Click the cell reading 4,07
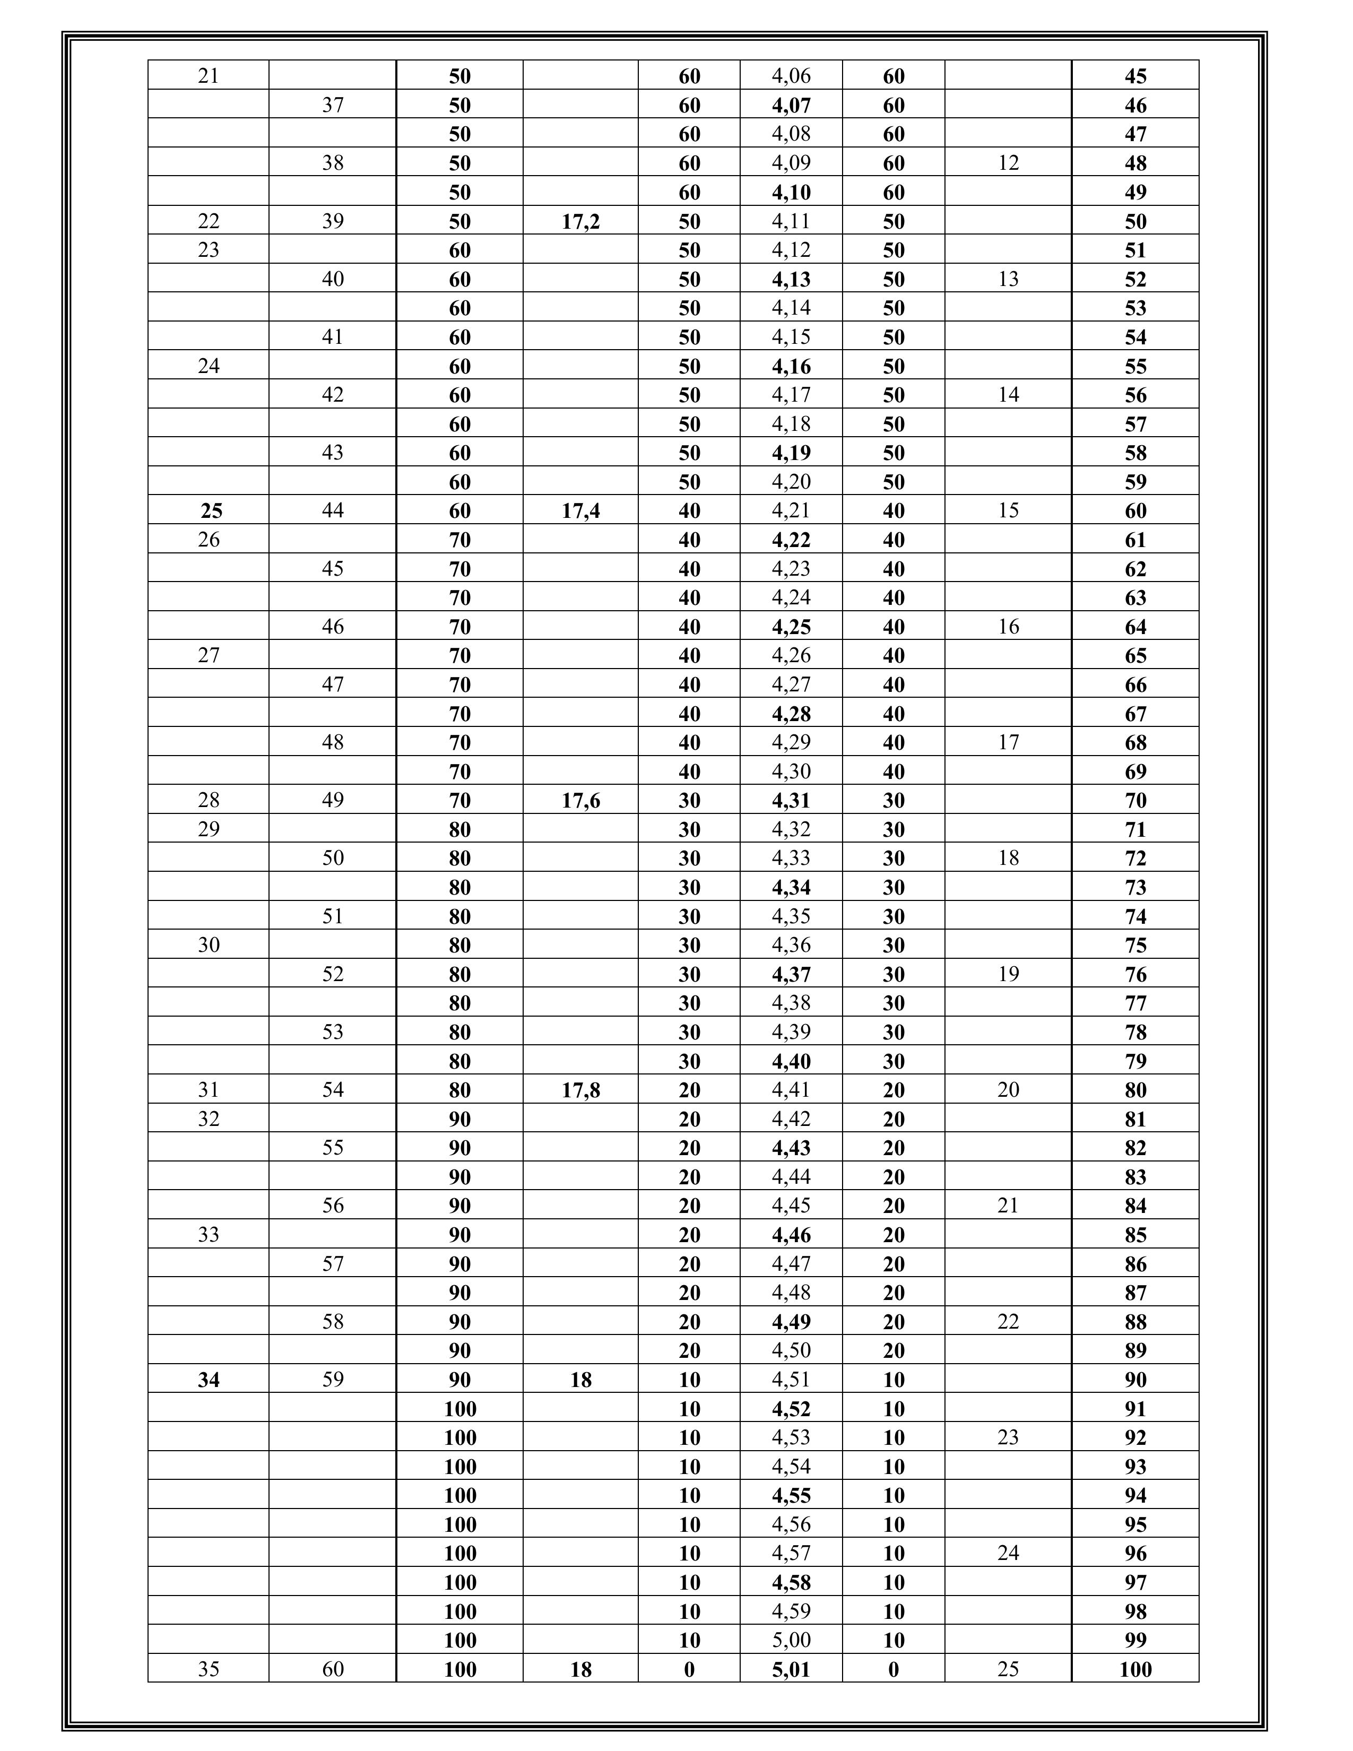pos(791,105)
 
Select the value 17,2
pos(580,221)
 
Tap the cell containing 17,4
pos(580,510)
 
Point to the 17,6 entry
pos(580,800)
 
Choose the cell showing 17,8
pos(580,1089)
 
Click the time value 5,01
pos(791,1669)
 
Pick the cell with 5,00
pos(791,1640)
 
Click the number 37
pos(333,105)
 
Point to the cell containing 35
pos(209,1669)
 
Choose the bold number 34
pos(209,1379)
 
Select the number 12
pos(1008,163)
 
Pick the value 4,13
pos(791,279)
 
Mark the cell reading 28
pos(209,800)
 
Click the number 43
pos(333,453)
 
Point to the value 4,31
pos(791,800)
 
